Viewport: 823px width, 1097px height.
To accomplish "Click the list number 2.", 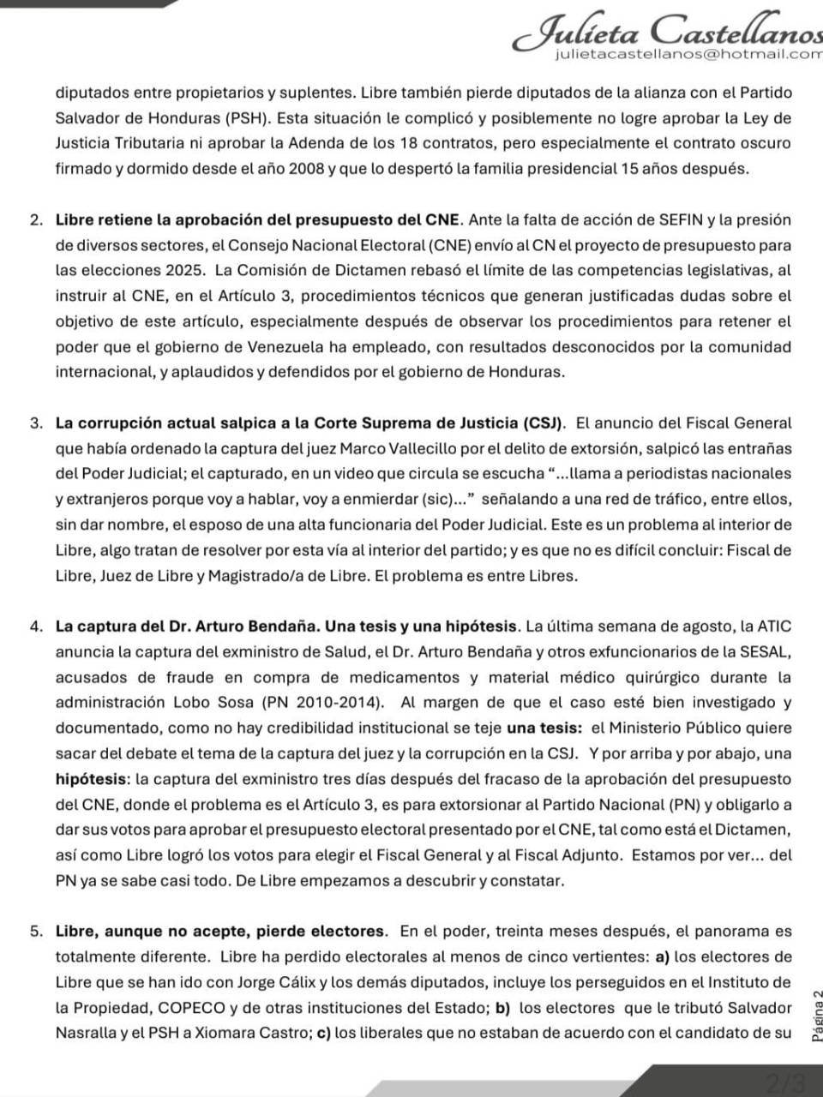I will click(x=35, y=220).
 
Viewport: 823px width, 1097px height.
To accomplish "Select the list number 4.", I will click(x=35, y=626).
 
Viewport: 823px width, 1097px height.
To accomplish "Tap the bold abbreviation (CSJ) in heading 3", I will click(x=542, y=423).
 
